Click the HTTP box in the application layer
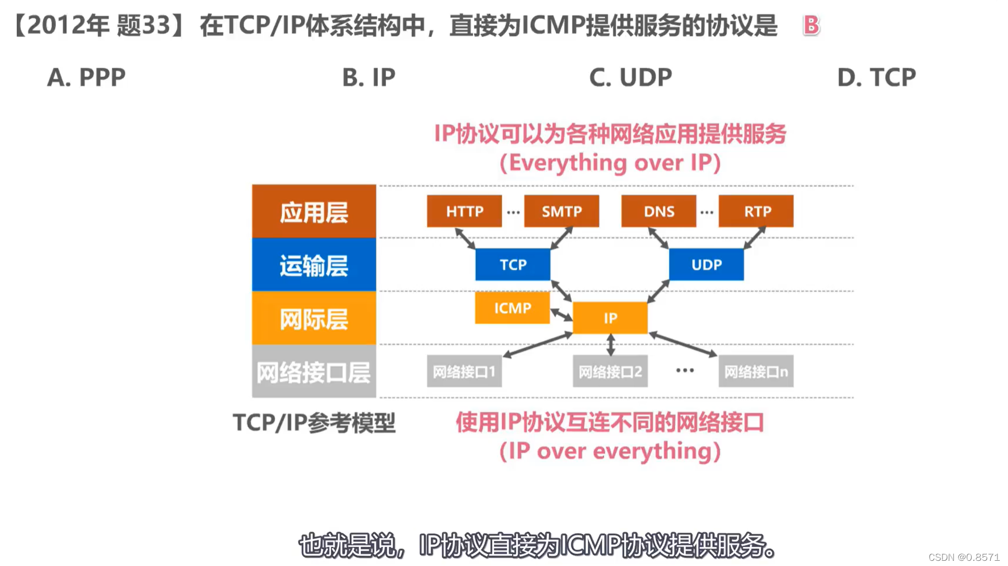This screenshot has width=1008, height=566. (464, 211)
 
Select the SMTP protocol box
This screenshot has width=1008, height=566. (561, 211)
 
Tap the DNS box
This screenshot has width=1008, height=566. (658, 211)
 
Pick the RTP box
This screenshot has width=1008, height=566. (756, 211)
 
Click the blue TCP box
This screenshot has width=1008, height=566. (513, 265)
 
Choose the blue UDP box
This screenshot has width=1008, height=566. (706, 265)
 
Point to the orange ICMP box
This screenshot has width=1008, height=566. (512, 308)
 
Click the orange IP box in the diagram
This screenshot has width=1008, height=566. (610, 318)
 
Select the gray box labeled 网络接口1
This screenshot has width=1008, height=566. (464, 371)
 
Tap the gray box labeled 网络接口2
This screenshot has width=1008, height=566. (610, 371)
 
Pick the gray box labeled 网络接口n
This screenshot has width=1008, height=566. (756, 371)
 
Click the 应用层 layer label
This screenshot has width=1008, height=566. (314, 212)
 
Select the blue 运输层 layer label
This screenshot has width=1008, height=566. (314, 265)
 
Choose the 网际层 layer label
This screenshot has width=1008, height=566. (314, 318)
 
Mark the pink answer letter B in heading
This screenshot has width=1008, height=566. (811, 25)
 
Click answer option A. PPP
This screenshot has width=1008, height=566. (86, 77)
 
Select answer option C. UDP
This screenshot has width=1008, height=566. (630, 77)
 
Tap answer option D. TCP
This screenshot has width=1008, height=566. (877, 77)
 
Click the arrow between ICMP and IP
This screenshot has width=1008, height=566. (561, 314)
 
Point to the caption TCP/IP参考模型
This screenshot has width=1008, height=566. (314, 423)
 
